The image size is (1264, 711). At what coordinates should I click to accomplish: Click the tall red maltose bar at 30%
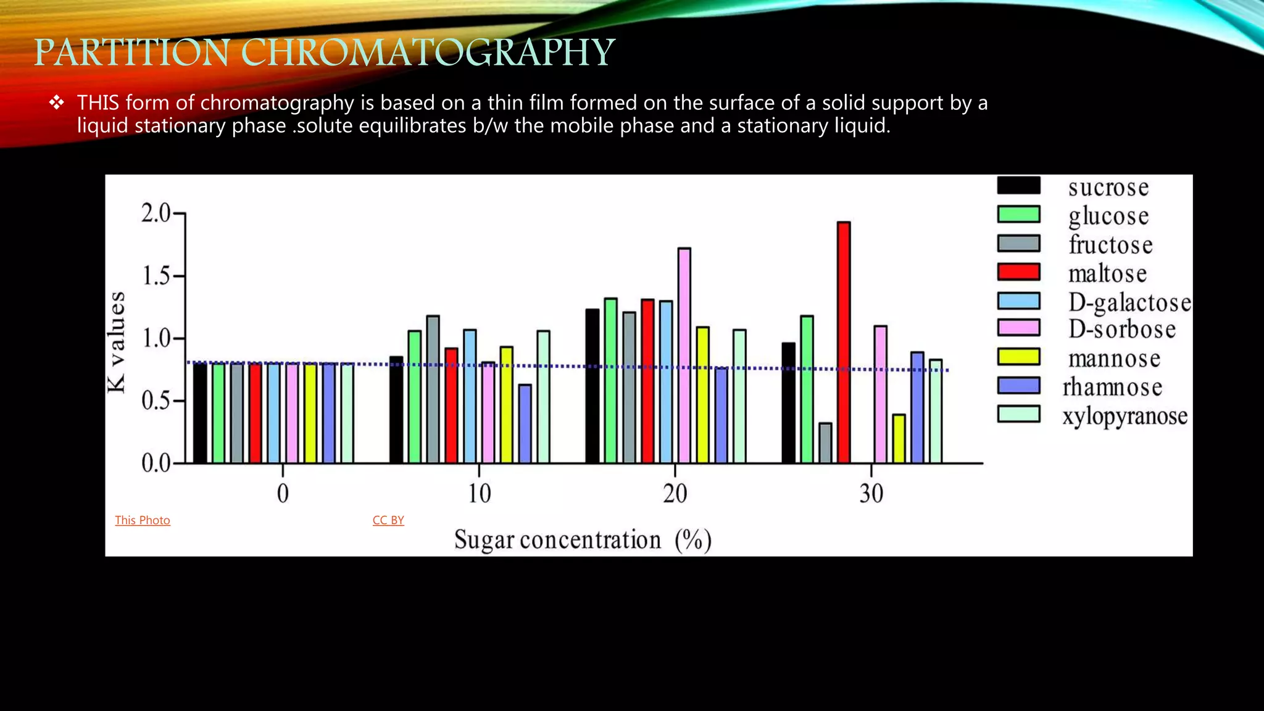[x=844, y=343]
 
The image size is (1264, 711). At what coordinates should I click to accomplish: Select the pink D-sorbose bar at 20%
[x=684, y=355]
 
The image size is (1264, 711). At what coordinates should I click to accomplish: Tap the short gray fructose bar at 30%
[x=825, y=443]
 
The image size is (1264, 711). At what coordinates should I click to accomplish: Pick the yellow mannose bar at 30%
[x=899, y=439]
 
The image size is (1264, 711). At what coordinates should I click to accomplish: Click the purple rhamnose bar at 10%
[x=525, y=424]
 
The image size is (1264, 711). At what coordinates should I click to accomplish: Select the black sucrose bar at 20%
[x=592, y=386]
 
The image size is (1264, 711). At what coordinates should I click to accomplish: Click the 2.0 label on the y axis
[x=156, y=213]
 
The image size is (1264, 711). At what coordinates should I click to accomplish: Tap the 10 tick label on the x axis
[x=479, y=494]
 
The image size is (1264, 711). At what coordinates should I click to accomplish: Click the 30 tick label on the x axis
[x=871, y=494]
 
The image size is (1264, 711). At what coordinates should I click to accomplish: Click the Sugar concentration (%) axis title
[x=583, y=540]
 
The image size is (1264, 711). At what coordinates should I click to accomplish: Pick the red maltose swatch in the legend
[x=1018, y=272]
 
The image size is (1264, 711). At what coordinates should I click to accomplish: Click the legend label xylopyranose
[x=1125, y=417]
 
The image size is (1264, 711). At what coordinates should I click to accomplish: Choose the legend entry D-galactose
[x=1129, y=302]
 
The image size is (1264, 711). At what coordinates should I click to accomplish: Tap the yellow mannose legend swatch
[x=1018, y=357]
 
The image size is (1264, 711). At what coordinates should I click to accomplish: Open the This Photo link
[x=143, y=520]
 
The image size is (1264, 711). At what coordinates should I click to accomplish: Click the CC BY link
[x=388, y=520]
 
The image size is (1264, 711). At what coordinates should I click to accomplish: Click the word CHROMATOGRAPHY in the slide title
[x=428, y=52]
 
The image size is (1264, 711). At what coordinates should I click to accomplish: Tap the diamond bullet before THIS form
[x=57, y=103]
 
